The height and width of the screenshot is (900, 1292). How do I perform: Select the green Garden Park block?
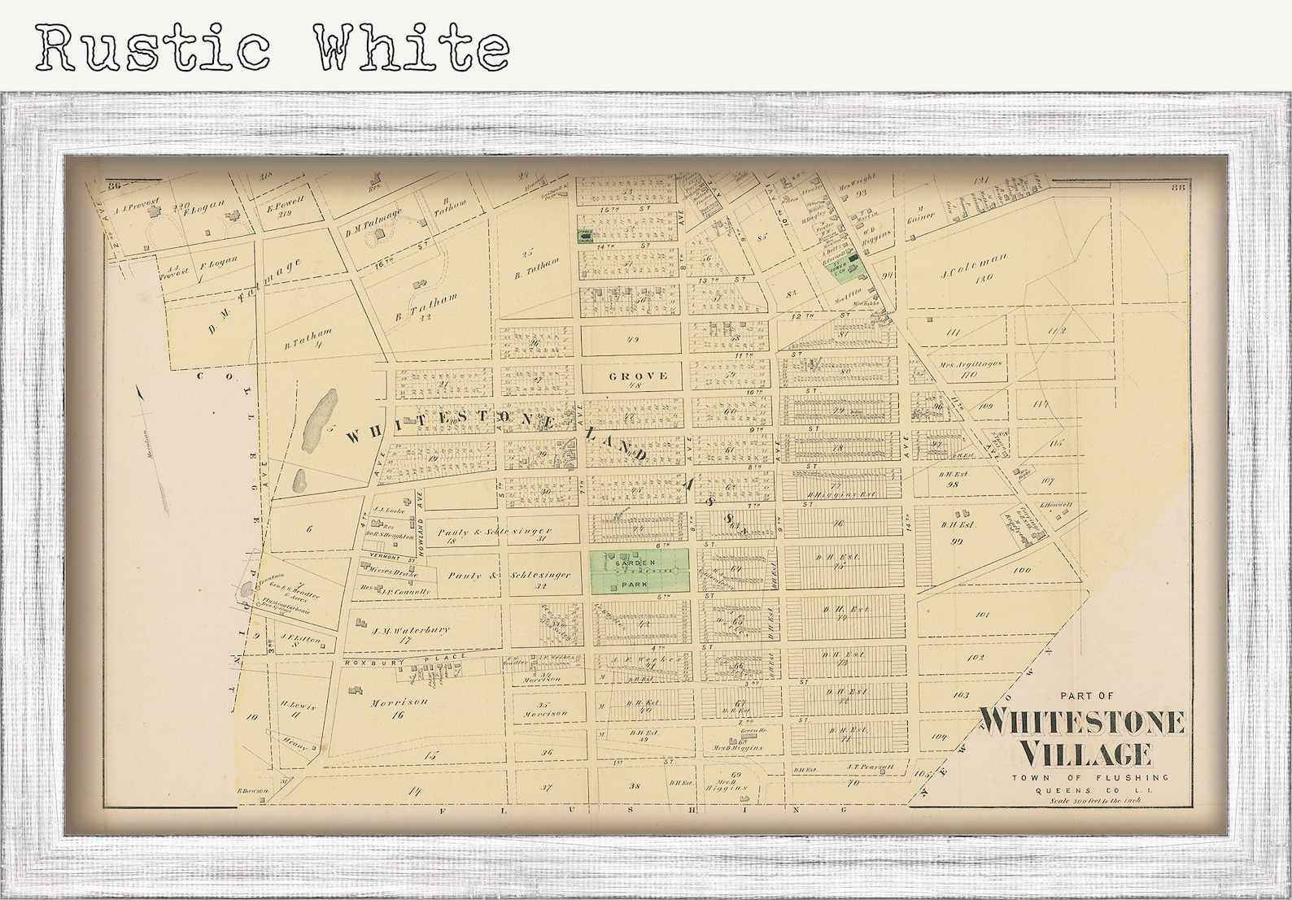pyautogui.click(x=639, y=572)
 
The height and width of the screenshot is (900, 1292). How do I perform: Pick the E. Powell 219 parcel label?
pyautogui.click(x=285, y=203)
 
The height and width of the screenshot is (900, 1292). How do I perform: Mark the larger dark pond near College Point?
pyautogui.click(x=321, y=420)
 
